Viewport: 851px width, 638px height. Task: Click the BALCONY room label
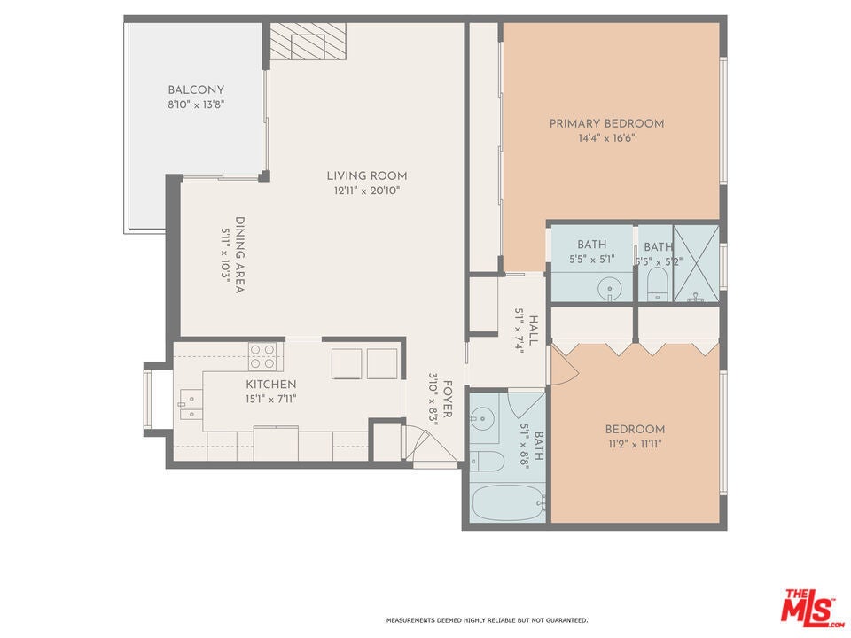point(195,90)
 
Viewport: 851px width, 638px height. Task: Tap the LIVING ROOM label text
point(367,175)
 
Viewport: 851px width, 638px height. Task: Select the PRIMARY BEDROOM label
point(606,124)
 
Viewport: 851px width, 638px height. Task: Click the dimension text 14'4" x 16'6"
point(606,138)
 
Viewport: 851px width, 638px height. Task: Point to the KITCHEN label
point(271,385)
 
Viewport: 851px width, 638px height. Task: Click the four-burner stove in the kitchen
point(262,356)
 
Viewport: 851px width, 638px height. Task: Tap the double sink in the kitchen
point(191,406)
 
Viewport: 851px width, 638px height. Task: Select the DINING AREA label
point(239,255)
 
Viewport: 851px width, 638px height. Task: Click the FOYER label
point(448,400)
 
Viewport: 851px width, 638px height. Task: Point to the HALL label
point(534,331)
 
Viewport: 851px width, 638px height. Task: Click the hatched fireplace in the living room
point(308,42)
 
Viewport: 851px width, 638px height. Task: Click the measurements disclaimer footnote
point(487,620)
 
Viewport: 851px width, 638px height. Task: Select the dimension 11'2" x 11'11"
point(635,444)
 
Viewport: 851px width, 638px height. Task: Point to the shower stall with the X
point(696,263)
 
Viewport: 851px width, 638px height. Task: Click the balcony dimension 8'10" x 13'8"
point(196,105)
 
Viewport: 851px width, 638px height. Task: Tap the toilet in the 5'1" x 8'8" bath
point(487,461)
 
